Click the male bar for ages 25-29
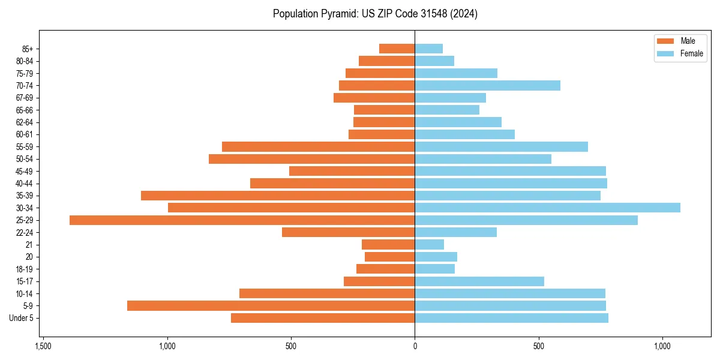pyautogui.click(x=242, y=220)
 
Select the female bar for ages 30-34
pyautogui.click(x=547, y=208)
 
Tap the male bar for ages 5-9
pyautogui.click(x=271, y=306)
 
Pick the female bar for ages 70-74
pyautogui.click(x=487, y=85)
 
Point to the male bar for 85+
pyautogui.click(x=397, y=49)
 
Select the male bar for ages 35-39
pyautogui.click(x=278, y=196)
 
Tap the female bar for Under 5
pyautogui.click(x=511, y=318)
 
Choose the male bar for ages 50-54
pyautogui.click(x=311, y=159)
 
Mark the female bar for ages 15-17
pyautogui.click(x=479, y=281)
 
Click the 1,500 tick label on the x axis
pyautogui.click(x=43, y=346)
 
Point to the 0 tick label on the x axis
pyautogui.click(x=415, y=346)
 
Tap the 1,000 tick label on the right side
pyautogui.click(x=662, y=346)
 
